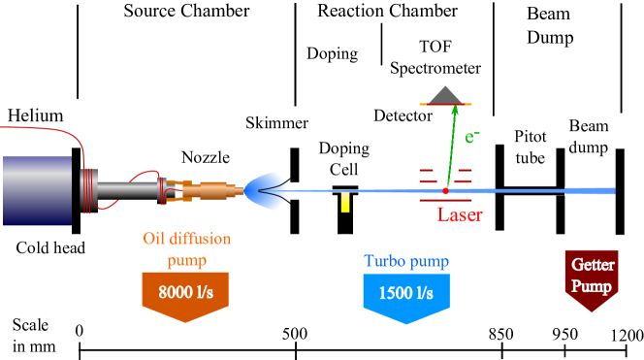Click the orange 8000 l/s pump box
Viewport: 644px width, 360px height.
pyautogui.click(x=185, y=292)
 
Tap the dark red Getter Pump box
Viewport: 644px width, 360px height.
pyautogui.click(x=592, y=277)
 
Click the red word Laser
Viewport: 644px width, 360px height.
pyautogui.click(x=460, y=215)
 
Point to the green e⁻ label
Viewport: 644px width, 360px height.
pyautogui.click(x=472, y=137)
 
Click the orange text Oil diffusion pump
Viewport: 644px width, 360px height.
pyautogui.click(x=186, y=249)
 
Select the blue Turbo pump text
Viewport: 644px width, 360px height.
pyautogui.click(x=406, y=261)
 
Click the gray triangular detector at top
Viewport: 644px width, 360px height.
pyautogui.click(x=445, y=95)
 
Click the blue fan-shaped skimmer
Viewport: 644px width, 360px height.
pyautogui.click(x=264, y=190)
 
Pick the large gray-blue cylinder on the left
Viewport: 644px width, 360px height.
pyautogui.click(x=37, y=190)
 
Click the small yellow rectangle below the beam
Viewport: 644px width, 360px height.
pyautogui.click(x=345, y=203)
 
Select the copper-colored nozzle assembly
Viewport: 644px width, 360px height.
pyautogui.click(x=207, y=191)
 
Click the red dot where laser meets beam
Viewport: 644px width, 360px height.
pyautogui.click(x=446, y=191)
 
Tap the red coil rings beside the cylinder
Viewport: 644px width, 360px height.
pyautogui.click(x=88, y=190)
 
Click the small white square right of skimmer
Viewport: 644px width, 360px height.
pyautogui.click(x=295, y=190)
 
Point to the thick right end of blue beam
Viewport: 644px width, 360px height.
pyautogui.click(x=605, y=191)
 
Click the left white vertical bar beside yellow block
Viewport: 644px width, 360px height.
pyautogui.click(x=335, y=214)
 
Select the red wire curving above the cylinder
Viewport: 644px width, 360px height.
pyautogui.click(x=58, y=130)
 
